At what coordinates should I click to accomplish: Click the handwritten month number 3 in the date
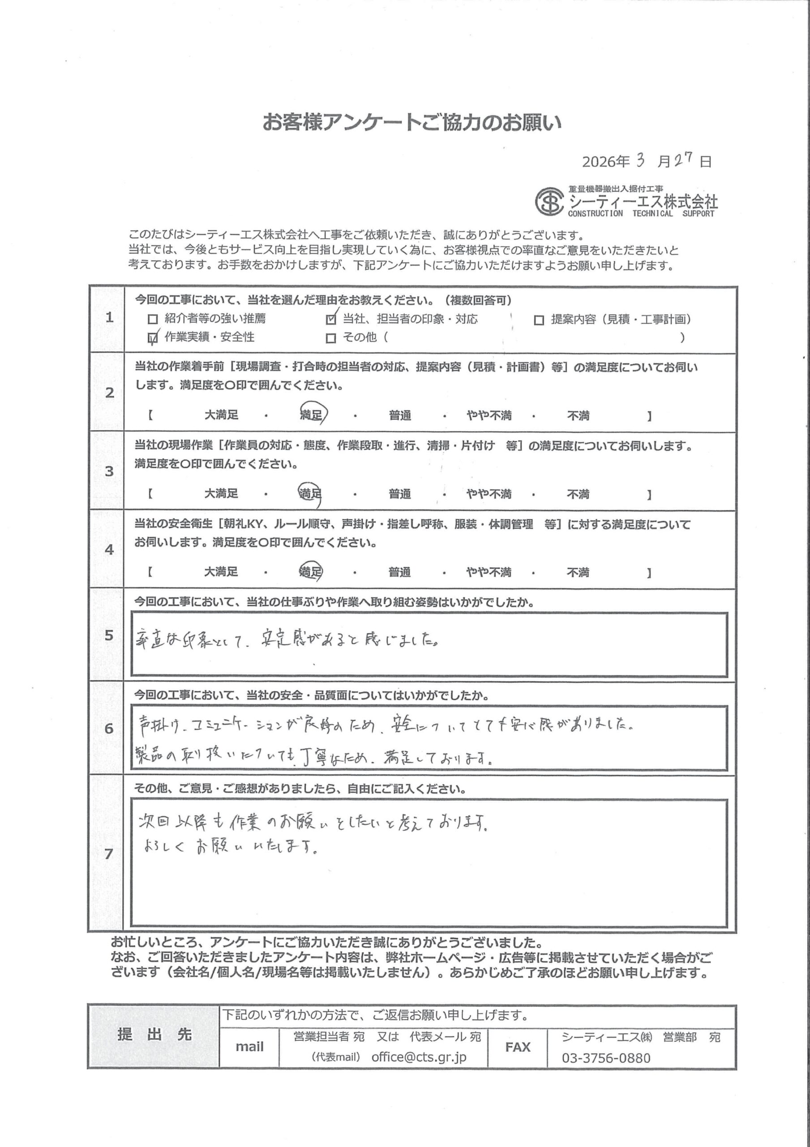(640, 160)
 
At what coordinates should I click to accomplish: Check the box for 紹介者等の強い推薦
(153, 319)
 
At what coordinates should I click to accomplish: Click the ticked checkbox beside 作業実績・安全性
(153, 338)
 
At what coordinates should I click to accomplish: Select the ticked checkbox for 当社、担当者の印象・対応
(330, 319)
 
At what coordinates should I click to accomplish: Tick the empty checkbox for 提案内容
(539, 320)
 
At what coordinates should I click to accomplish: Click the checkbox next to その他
(330, 338)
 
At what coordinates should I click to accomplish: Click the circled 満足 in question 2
(311, 414)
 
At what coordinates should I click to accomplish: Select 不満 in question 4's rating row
(578, 572)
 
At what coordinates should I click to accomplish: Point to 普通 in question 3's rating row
(400, 494)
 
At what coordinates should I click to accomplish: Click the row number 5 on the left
(109, 635)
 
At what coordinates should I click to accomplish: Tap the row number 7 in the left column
(109, 853)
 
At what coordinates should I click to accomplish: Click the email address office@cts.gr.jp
(419, 1057)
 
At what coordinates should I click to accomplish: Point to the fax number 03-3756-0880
(606, 1058)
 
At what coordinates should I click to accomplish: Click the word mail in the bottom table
(249, 1047)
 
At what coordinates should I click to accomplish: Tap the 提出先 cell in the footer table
(154, 1035)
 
